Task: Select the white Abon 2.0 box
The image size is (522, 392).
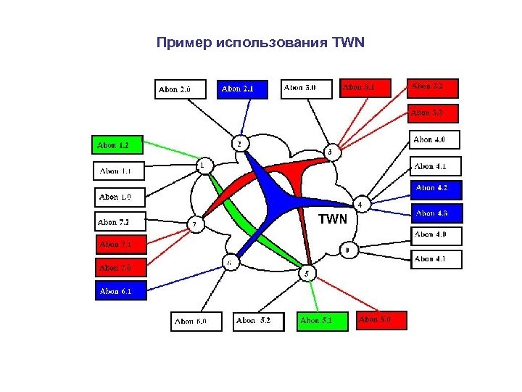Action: (x=180, y=89)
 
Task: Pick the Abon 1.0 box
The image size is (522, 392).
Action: (x=120, y=197)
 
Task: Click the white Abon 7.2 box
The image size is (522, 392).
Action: (x=120, y=221)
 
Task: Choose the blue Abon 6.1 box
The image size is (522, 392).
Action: (x=120, y=291)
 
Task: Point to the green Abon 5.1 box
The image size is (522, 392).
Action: (x=321, y=320)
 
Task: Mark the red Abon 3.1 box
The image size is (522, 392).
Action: (x=365, y=88)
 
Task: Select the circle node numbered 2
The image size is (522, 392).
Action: (x=241, y=143)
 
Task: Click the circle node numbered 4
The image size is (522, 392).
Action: (x=360, y=204)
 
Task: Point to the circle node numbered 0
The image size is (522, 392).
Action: (x=347, y=250)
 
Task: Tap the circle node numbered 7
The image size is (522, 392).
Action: (x=194, y=224)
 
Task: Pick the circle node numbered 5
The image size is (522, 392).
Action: (x=307, y=273)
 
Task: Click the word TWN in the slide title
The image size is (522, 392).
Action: (x=347, y=43)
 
